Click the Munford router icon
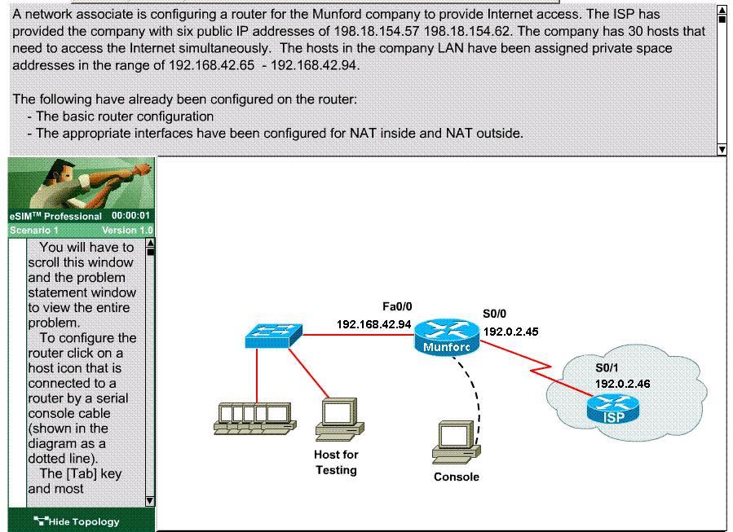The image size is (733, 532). point(447,336)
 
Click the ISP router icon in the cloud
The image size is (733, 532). point(613,409)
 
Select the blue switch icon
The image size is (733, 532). point(274,336)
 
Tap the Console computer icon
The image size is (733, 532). point(456,442)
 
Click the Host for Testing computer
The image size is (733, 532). point(339,419)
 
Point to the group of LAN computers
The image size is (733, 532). point(254,419)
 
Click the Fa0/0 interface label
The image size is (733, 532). point(397,306)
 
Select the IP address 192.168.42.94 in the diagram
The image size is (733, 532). point(374,324)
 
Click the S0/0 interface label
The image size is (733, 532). point(495,314)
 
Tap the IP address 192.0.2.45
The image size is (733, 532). point(511,332)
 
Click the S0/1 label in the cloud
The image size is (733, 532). point(607,367)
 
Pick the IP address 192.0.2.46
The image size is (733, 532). point(623,384)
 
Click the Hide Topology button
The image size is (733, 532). point(77,521)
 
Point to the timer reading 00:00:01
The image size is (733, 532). point(131,216)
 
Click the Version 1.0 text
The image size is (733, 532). point(127,231)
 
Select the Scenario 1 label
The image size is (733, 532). point(34,231)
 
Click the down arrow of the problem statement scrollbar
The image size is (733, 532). point(722,149)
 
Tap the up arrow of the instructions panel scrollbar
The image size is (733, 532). point(150,244)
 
